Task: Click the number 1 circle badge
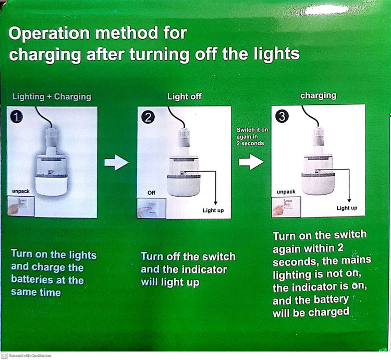coord(17,117)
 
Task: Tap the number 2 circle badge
coord(148,117)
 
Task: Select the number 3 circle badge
coord(282,116)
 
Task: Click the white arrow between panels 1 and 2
coord(116,162)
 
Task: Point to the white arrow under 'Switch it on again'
coord(251,162)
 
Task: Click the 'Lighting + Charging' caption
coord(52,97)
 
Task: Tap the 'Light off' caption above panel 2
coord(184,97)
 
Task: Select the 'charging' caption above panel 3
coord(318,95)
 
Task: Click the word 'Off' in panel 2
coord(151,193)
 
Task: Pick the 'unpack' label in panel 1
coord(21,191)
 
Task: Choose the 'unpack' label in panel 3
coord(286,191)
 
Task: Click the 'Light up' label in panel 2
coord(213,210)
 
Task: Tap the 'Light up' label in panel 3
coord(347,208)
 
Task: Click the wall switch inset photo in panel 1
coord(21,206)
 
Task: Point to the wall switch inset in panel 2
coord(152,208)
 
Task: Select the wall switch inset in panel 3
coord(286,207)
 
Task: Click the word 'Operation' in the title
coord(49,34)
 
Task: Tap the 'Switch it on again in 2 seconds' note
coord(252,137)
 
